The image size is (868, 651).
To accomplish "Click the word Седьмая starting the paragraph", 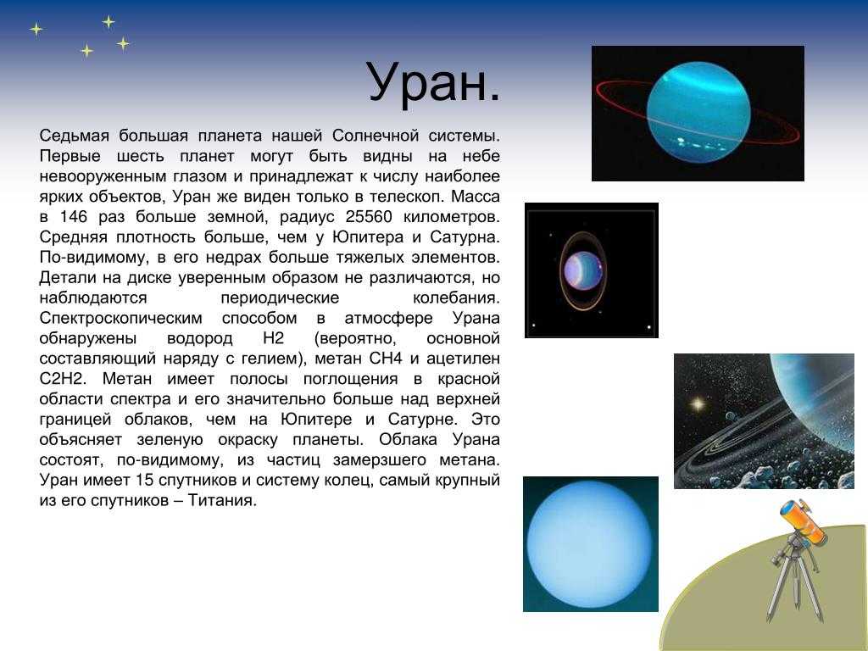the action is point(75,136).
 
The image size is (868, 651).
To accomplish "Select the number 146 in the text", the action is point(75,216).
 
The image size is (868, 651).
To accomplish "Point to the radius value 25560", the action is point(369,216).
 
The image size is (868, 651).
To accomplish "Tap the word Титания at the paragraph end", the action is point(221,500).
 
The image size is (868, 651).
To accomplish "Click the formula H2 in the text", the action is point(274,338).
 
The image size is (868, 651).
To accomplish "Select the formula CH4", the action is point(386,359).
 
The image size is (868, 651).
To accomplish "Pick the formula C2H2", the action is point(63,379).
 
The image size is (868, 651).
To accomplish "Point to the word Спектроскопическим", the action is point(120,319).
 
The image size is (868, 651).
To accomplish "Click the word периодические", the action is point(280,298).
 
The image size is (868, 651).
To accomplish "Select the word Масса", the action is point(476,197).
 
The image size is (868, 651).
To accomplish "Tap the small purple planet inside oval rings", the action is point(581,270).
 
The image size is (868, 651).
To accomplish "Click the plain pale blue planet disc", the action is point(590,544).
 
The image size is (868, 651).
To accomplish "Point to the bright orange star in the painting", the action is point(698,404).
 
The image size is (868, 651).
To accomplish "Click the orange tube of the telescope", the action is point(804,521).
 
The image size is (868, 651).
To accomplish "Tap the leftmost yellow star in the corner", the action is point(36,29).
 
